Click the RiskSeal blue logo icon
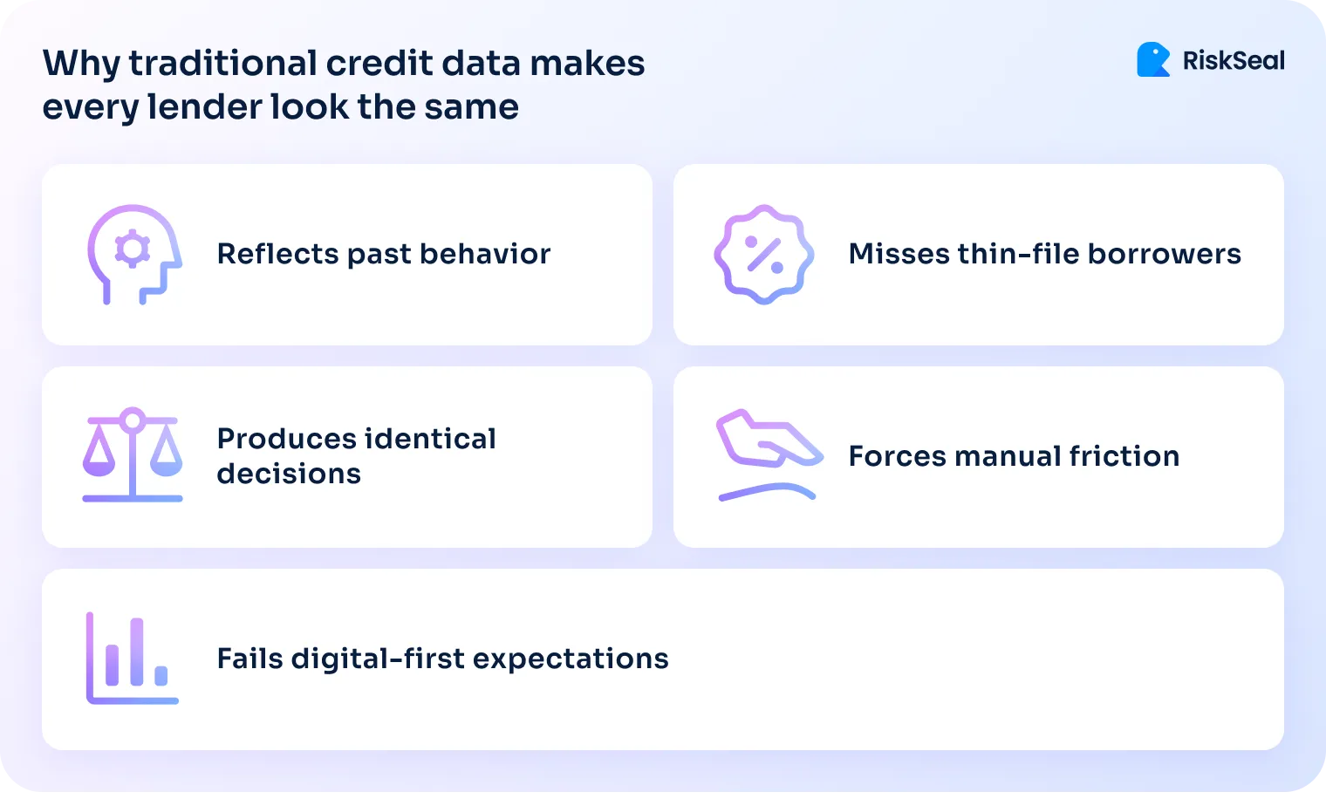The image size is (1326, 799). (x=1153, y=60)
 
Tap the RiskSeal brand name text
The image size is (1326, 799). (x=1233, y=61)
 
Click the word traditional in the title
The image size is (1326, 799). (x=222, y=64)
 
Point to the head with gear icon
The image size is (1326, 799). (x=133, y=254)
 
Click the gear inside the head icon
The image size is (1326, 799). (x=133, y=249)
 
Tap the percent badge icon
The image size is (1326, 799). (x=764, y=254)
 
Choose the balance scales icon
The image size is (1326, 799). (x=133, y=454)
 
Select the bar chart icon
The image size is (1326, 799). (x=133, y=658)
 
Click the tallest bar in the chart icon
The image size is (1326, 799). (x=136, y=652)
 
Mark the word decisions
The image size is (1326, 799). (x=289, y=474)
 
